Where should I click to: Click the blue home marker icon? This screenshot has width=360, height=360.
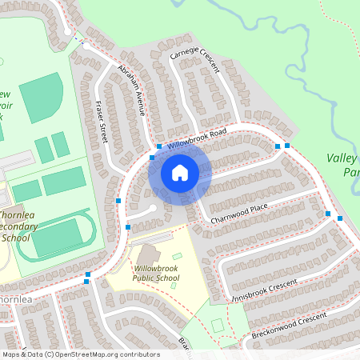pyautogui.click(x=180, y=172)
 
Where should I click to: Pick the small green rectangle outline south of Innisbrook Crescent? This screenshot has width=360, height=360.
pyautogui.click(x=218, y=326)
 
